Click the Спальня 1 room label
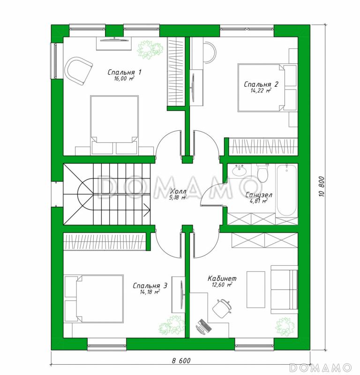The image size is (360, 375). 124,72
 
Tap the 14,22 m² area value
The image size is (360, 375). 261,90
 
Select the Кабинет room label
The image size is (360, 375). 222,278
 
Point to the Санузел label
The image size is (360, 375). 259,195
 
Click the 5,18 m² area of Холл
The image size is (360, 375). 178,197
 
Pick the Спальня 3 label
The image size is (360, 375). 150,285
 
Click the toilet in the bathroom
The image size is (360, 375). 262,173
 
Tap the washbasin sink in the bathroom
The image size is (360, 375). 239,170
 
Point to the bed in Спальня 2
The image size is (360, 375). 261,88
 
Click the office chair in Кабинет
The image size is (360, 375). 222,308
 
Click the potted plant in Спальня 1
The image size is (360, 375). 150,50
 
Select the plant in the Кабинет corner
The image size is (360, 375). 285,327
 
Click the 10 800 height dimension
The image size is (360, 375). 322,187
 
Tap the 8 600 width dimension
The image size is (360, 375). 181,360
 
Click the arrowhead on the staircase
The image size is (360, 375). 147,210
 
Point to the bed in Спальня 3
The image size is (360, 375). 94,299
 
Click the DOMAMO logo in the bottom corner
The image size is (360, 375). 320,367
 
